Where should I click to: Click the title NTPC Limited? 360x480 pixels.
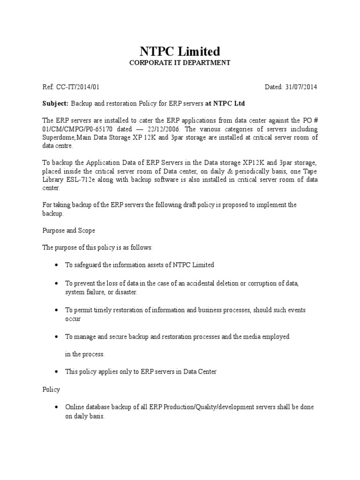coord(180,51)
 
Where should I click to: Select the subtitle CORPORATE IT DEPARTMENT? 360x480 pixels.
coord(180,63)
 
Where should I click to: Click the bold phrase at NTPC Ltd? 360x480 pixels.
coord(225,103)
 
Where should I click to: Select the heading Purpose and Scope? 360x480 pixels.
coord(68,231)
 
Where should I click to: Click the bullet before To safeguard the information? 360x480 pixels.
coord(56,265)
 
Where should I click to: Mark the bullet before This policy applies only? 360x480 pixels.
coord(56,372)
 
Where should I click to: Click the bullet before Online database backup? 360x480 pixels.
coord(56,407)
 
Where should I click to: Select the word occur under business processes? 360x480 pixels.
coord(73,319)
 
